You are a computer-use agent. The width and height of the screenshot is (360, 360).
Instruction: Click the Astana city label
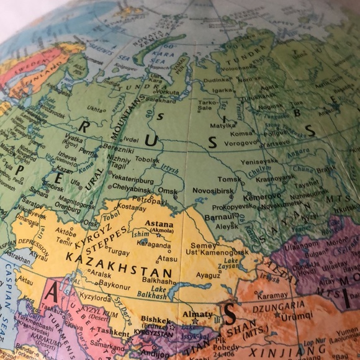pos(159,223)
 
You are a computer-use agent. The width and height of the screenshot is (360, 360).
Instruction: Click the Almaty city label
pos(197,315)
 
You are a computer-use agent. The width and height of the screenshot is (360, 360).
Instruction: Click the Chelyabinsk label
pos(134,188)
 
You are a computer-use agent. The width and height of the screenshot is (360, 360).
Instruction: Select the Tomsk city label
pos(229,180)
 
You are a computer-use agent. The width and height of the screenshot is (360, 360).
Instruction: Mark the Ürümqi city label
pos(298,316)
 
